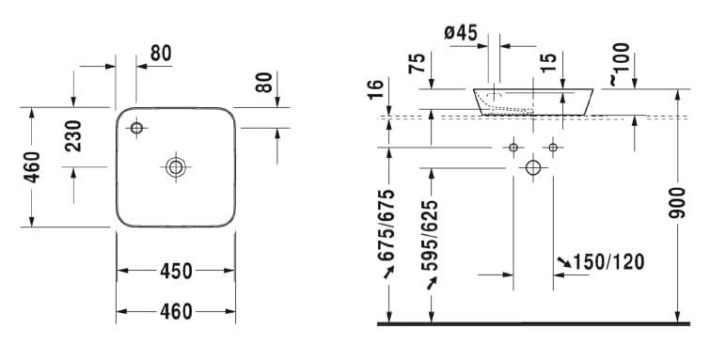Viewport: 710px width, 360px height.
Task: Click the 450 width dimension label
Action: click(x=176, y=272)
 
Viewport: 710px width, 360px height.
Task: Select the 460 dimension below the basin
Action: click(x=176, y=311)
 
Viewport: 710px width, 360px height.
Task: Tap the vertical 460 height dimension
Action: click(x=32, y=167)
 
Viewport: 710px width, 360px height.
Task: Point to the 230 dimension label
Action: click(x=73, y=136)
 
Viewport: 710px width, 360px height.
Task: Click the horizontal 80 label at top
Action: click(x=161, y=54)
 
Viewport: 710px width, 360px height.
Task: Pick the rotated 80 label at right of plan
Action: click(x=264, y=82)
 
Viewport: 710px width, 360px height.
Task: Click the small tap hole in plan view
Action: click(x=136, y=128)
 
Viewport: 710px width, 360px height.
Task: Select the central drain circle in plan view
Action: click(x=176, y=167)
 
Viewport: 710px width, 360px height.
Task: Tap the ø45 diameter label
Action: click(x=461, y=33)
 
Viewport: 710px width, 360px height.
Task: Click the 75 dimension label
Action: click(x=417, y=64)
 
